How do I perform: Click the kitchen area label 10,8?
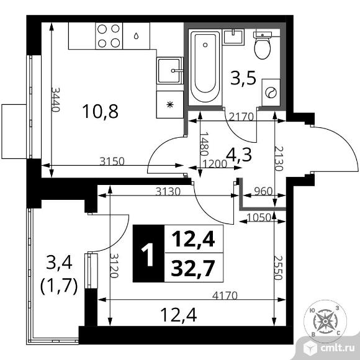click(x=101, y=112)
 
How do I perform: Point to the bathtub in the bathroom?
click(x=204, y=67)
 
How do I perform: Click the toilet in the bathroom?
click(x=263, y=45)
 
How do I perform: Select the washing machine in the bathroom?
click(x=271, y=93)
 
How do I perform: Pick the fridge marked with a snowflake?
click(x=169, y=104)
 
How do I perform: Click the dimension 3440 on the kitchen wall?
click(x=56, y=98)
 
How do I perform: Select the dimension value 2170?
click(x=240, y=115)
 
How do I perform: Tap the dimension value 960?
click(x=263, y=191)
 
